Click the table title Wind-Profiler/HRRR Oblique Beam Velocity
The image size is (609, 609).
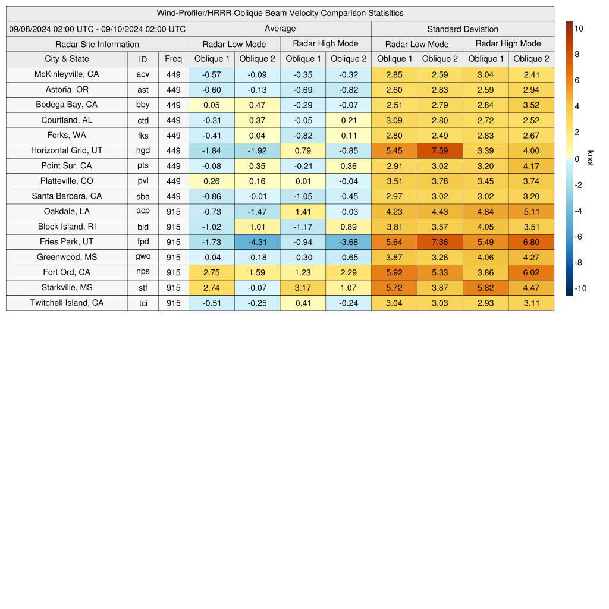coord(280,13)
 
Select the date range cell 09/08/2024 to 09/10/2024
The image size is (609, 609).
coord(98,29)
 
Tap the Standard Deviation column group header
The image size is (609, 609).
coord(463,29)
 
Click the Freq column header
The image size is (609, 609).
coord(174,59)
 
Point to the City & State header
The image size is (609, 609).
coord(67,59)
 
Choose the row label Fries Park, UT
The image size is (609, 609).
coord(67,241)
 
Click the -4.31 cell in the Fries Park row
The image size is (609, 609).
coord(257,242)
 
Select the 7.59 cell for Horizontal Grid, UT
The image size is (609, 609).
coord(440,150)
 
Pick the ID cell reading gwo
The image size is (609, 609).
coord(143,257)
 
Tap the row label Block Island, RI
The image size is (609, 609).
coord(67,227)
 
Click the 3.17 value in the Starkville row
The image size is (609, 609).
coord(303,288)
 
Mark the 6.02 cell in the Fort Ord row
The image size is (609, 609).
coord(531,272)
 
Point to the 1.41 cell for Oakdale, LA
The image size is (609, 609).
coord(303,211)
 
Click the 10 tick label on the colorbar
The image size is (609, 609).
coord(579,28)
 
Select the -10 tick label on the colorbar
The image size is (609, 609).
coord(580,289)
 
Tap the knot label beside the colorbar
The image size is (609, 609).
coord(590,158)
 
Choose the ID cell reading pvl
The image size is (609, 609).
coord(143,181)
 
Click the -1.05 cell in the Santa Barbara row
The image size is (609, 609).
coord(303,196)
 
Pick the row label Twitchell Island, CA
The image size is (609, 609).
coord(67,303)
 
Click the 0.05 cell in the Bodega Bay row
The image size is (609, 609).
coord(211,105)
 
